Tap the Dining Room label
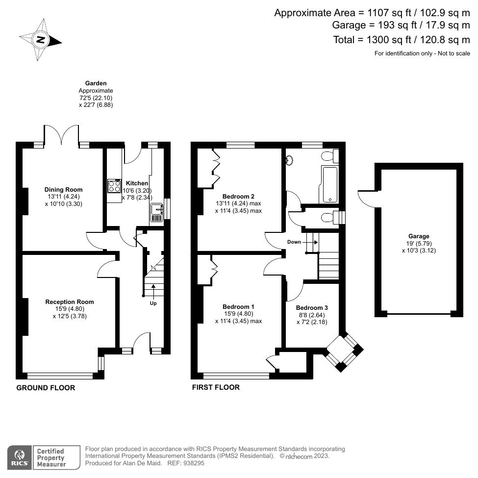pyautogui.click(x=64, y=190)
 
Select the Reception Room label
pyautogui.click(x=70, y=302)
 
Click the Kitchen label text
pyautogui.click(x=137, y=183)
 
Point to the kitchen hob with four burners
pyautogui.click(x=115, y=186)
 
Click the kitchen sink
pyautogui.click(x=156, y=214)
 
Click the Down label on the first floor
pyautogui.click(x=294, y=242)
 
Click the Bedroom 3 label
pyautogui.click(x=312, y=308)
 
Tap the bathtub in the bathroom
pyautogui.click(x=329, y=184)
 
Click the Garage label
pyautogui.click(x=419, y=236)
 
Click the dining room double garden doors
pyautogui.click(x=62, y=135)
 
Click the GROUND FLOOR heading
pyautogui.click(x=46, y=388)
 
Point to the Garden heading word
pyautogui.click(x=96, y=83)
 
